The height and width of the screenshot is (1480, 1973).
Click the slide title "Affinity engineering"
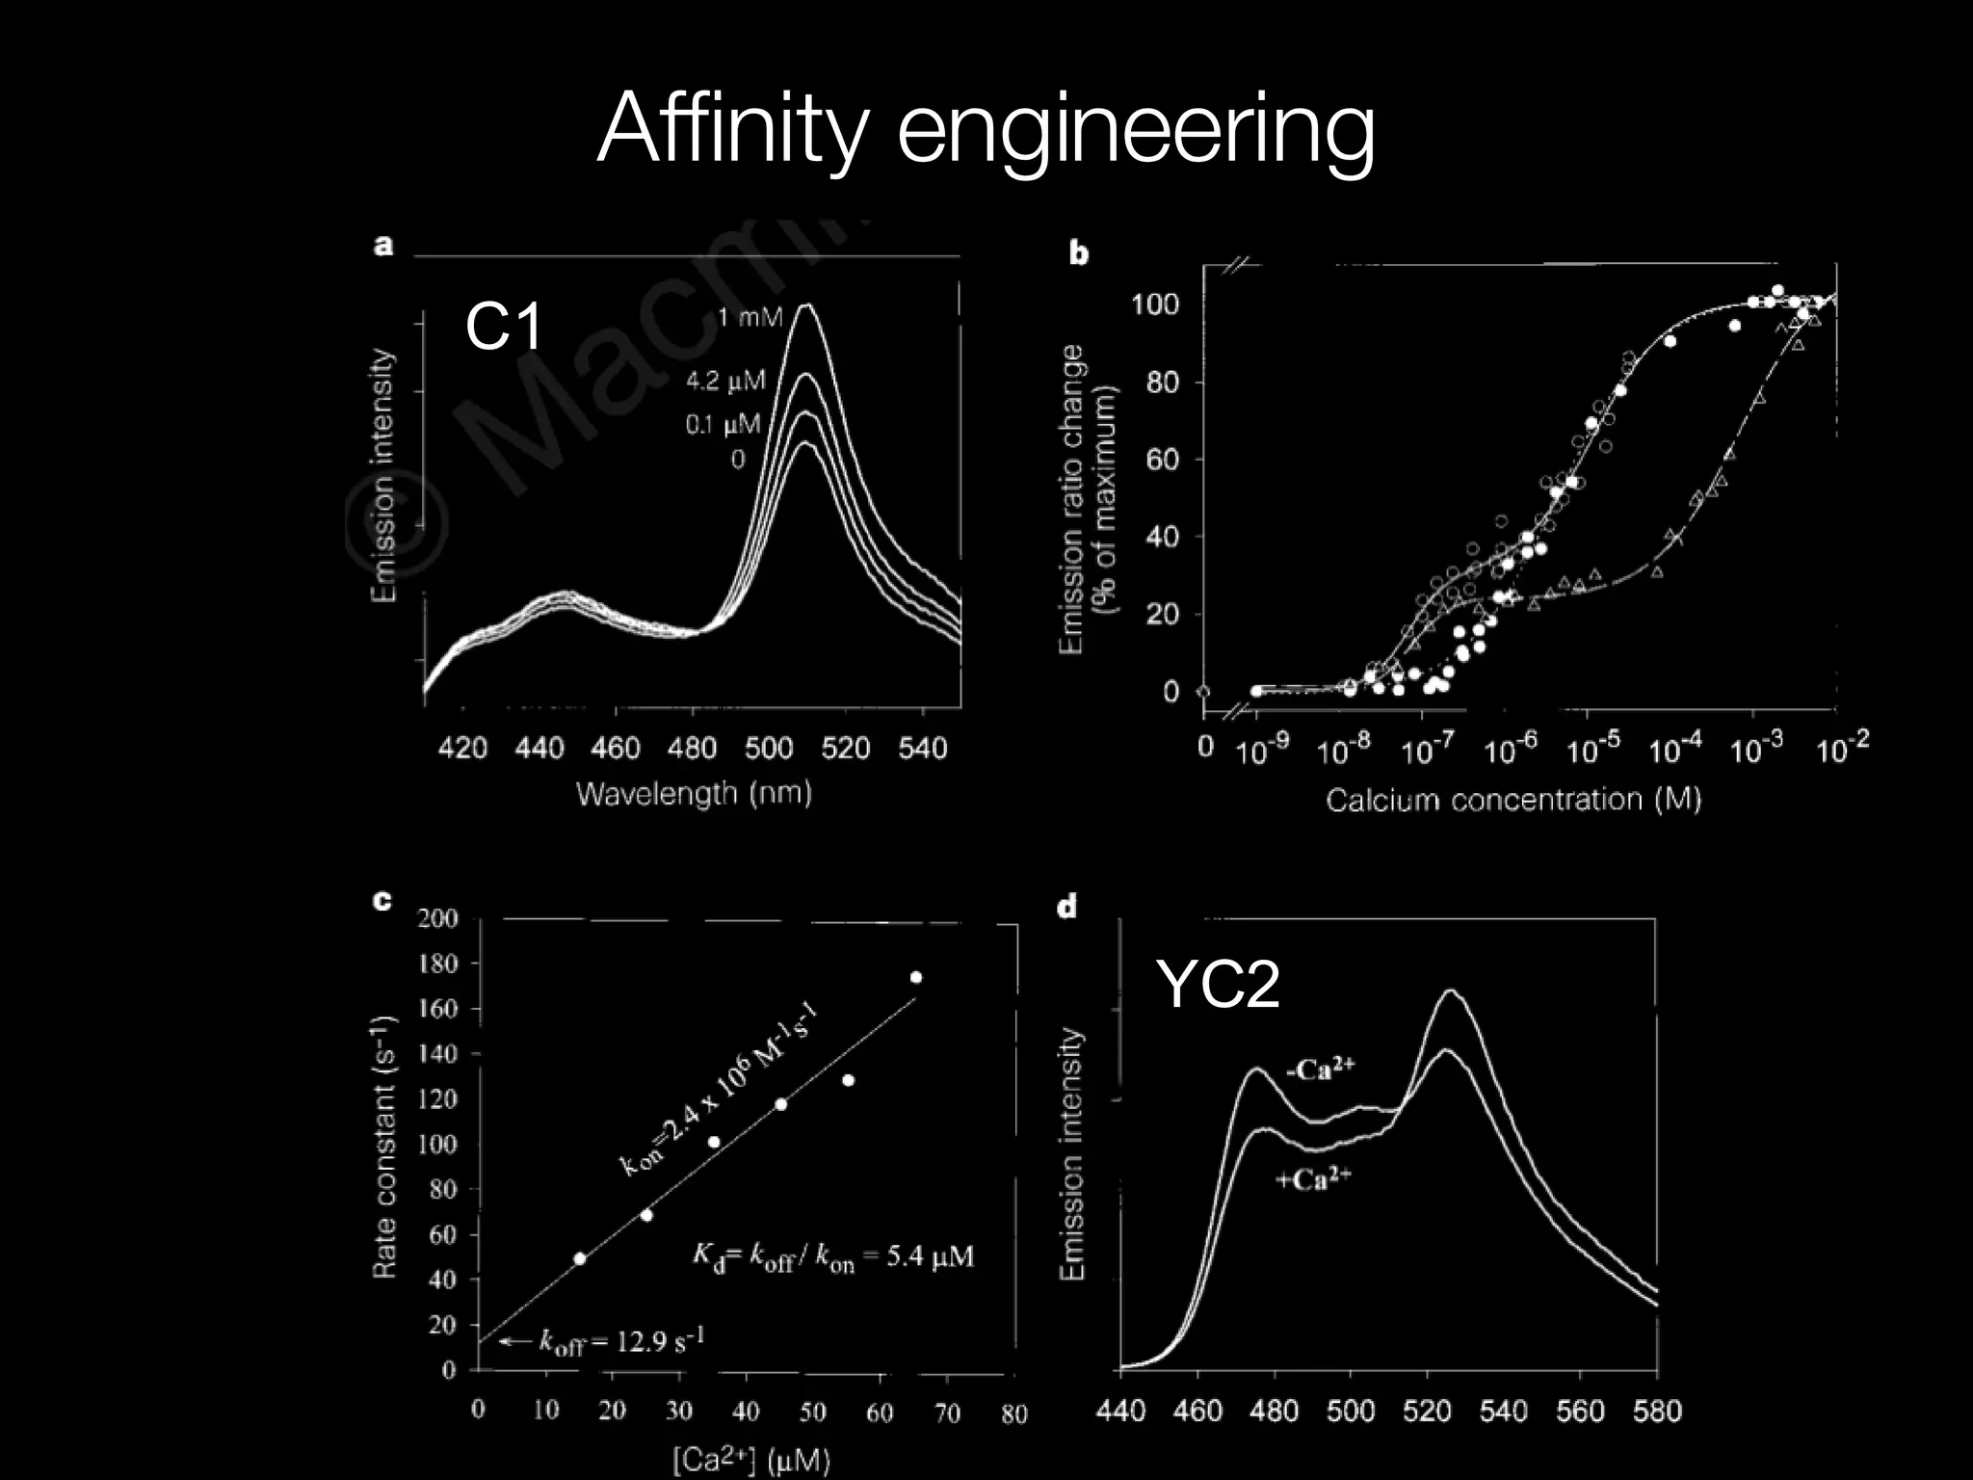pyautogui.click(x=986, y=130)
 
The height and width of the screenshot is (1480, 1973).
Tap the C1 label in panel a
pyautogui.click(x=504, y=327)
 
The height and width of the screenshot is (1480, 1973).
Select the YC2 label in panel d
pyautogui.click(x=1219, y=985)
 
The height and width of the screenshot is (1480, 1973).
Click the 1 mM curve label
pyautogui.click(x=750, y=316)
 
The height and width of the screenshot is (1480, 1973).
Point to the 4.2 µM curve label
pyautogui.click(x=725, y=382)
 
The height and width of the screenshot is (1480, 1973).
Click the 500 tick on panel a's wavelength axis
pyautogui.click(x=769, y=748)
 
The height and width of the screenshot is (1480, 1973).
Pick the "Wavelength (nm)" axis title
pyautogui.click(x=694, y=793)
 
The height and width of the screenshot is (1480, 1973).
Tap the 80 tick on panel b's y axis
pyautogui.click(x=1162, y=383)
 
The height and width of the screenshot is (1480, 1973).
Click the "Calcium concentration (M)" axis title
pyautogui.click(x=1513, y=800)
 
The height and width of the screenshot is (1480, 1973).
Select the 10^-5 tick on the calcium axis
pyautogui.click(x=1593, y=749)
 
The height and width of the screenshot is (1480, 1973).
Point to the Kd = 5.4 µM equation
pyautogui.click(x=833, y=1256)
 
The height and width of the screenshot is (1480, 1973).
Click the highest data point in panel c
pyautogui.click(x=915, y=977)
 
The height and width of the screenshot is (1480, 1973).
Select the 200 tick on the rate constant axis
pyautogui.click(x=437, y=918)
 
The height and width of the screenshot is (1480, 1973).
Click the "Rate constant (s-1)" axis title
pyautogui.click(x=385, y=1147)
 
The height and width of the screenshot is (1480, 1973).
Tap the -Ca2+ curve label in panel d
pyautogui.click(x=1321, y=1070)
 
